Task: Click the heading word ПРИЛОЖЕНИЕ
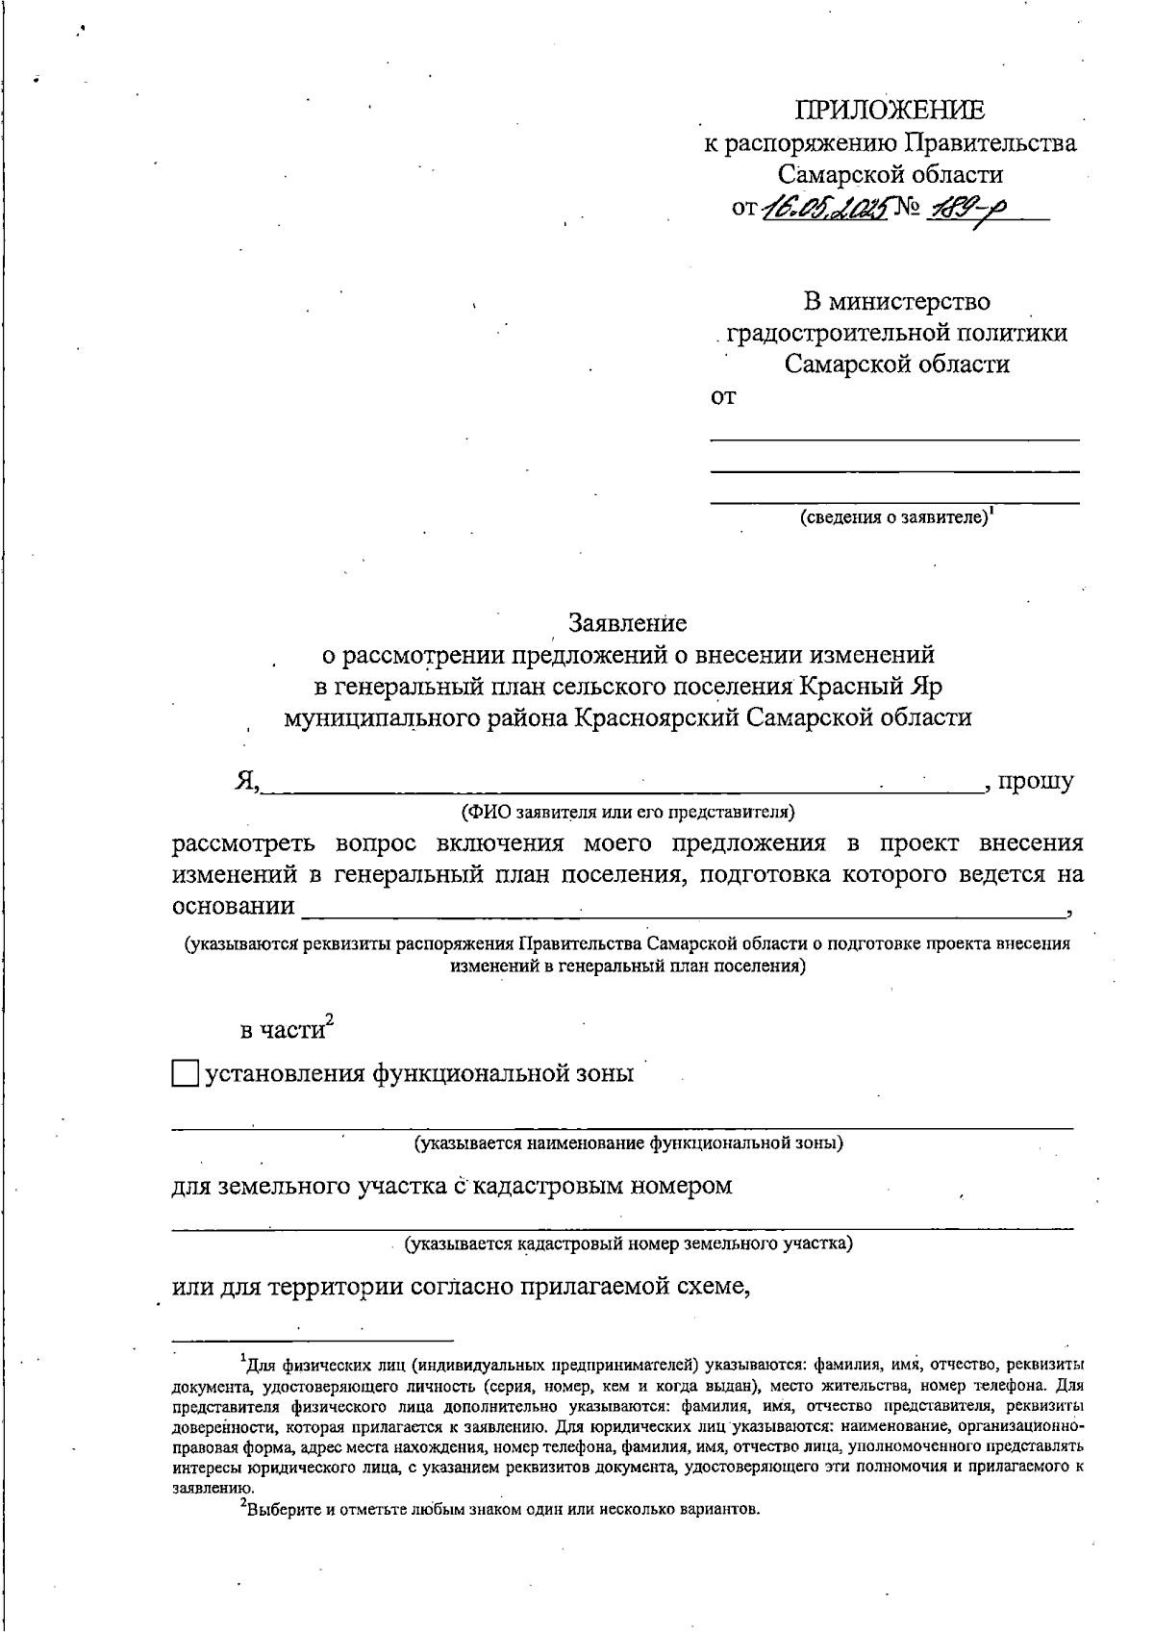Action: (x=890, y=111)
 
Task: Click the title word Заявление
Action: (x=628, y=623)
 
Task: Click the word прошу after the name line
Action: (x=1036, y=781)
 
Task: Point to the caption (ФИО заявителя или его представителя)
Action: (x=628, y=813)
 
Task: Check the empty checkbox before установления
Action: (x=185, y=1073)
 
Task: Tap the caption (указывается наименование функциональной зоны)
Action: (x=628, y=1143)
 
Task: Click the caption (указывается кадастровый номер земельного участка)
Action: (x=628, y=1243)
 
